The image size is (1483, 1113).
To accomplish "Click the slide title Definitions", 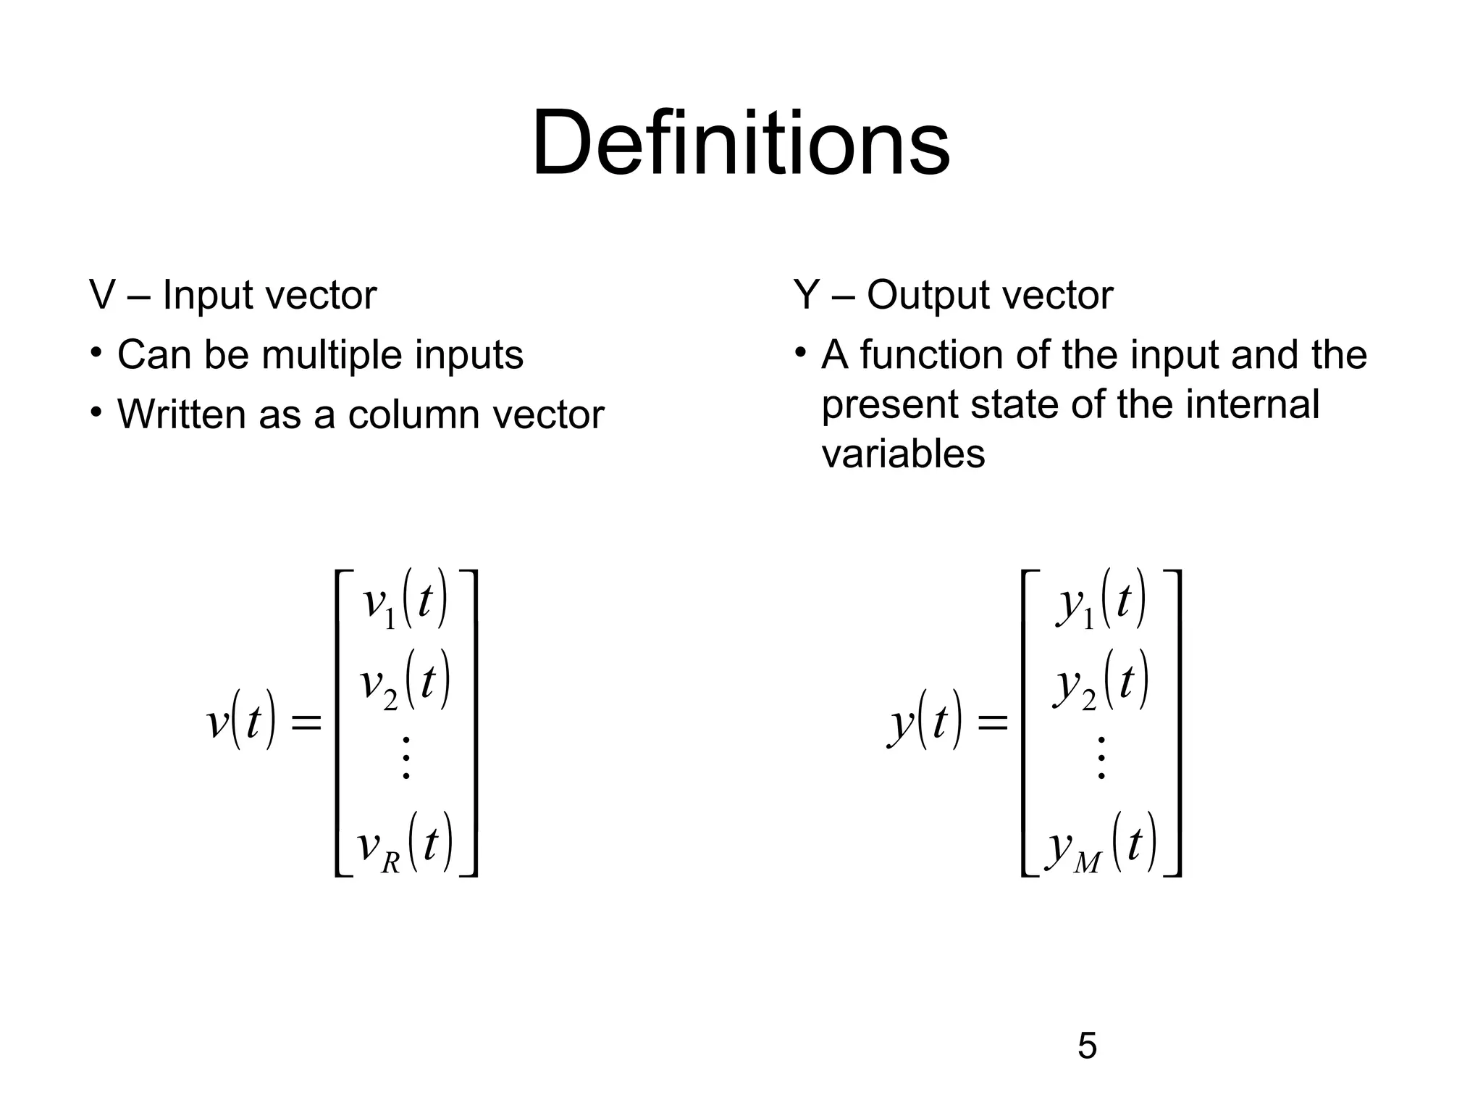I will pos(740,143).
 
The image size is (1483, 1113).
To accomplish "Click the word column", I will pos(416,414).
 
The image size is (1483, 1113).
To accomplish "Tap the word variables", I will pos(903,454).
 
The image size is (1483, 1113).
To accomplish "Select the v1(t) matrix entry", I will pos(405,601).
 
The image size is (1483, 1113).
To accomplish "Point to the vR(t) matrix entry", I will pos(406,845).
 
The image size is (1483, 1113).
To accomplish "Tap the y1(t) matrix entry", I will pos(1101,601).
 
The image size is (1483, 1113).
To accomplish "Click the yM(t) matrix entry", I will pos(1101,845).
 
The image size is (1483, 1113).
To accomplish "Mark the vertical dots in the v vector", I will pos(406,758).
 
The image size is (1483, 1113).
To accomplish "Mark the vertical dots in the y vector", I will pos(1101,758).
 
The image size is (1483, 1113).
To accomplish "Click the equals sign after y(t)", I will pos(992,722).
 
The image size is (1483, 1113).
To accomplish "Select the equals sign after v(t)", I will pos(305,722).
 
